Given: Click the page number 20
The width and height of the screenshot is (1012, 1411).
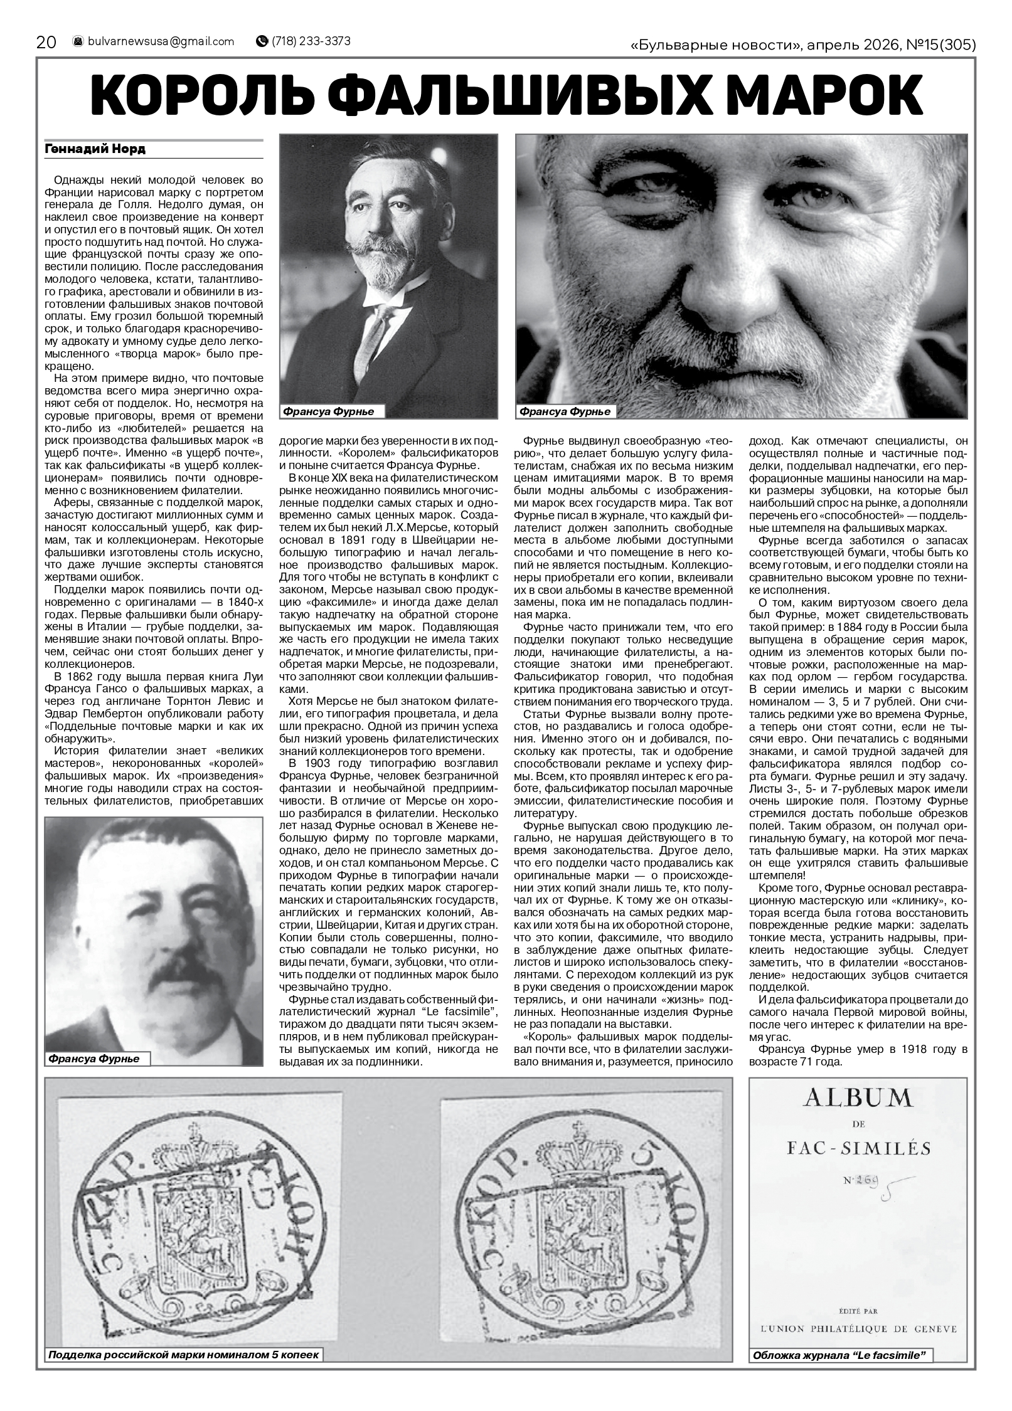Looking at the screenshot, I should pyautogui.click(x=46, y=42).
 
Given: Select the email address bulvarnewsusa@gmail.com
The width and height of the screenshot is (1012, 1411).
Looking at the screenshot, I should pyautogui.click(x=161, y=41).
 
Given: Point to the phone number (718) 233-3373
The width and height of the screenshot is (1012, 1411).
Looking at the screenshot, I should pyautogui.click(x=311, y=41).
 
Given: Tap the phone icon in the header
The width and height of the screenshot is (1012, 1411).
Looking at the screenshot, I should pyautogui.click(x=262, y=41).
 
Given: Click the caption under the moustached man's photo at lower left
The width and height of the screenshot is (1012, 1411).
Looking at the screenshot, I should pyautogui.click(x=92, y=1059).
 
